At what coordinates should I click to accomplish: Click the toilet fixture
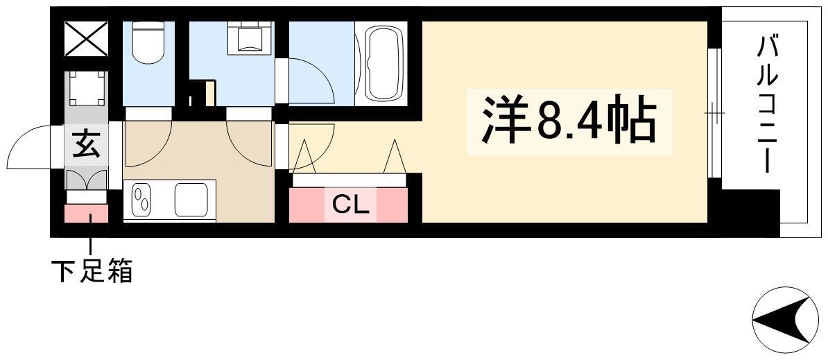tap(148, 42)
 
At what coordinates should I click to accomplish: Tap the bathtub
tap(383, 63)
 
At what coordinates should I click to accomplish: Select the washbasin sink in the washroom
tap(250, 39)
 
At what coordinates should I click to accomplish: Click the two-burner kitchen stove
tap(141, 200)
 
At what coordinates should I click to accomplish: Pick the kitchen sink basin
tap(191, 200)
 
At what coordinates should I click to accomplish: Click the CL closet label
tap(350, 205)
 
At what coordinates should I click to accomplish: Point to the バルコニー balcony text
tap(767, 105)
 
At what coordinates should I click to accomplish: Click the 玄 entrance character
tap(86, 144)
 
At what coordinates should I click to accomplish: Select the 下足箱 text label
tap(92, 271)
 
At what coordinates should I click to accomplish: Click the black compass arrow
tap(781, 318)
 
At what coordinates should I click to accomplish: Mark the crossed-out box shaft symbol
tap(86, 39)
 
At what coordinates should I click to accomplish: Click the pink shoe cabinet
tap(86, 213)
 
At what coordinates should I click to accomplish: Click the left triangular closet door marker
tap(304, 156)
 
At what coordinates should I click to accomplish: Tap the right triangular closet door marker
tap(395, 156)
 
